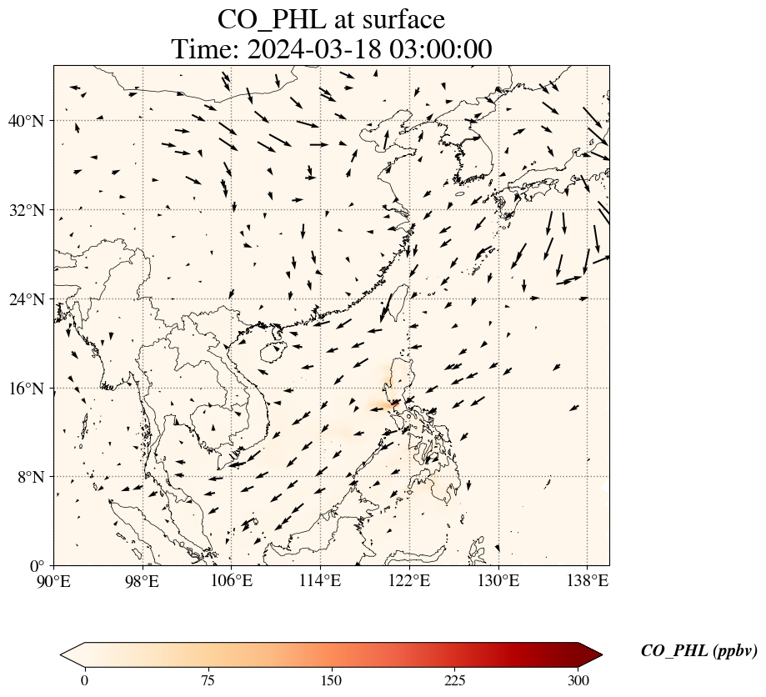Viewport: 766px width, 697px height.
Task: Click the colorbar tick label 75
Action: (x=208, y=680)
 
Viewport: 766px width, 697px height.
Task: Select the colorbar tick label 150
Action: (x=332, y=680)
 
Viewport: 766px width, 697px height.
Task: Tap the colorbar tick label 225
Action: (x=455, y=680)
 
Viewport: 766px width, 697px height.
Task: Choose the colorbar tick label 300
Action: (x=578, y=680)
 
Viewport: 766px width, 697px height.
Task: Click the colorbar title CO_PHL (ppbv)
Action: (x=698, y=652)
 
